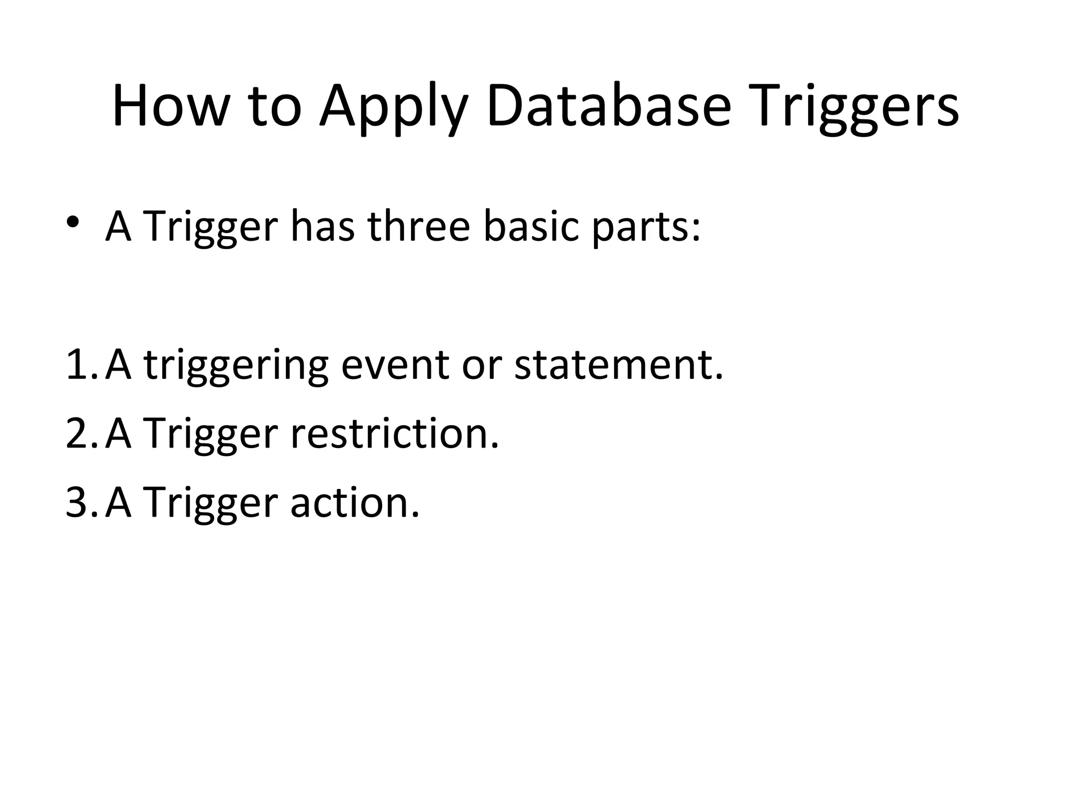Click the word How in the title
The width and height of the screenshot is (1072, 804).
(x=171, y=106)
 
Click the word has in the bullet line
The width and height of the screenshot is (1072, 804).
(x=322, y=226)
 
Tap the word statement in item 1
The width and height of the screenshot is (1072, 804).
(x=618, y=364)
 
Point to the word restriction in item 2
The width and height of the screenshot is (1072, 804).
(x=394, y=433)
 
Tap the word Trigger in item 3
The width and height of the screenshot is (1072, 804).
(x=209, y=504)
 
